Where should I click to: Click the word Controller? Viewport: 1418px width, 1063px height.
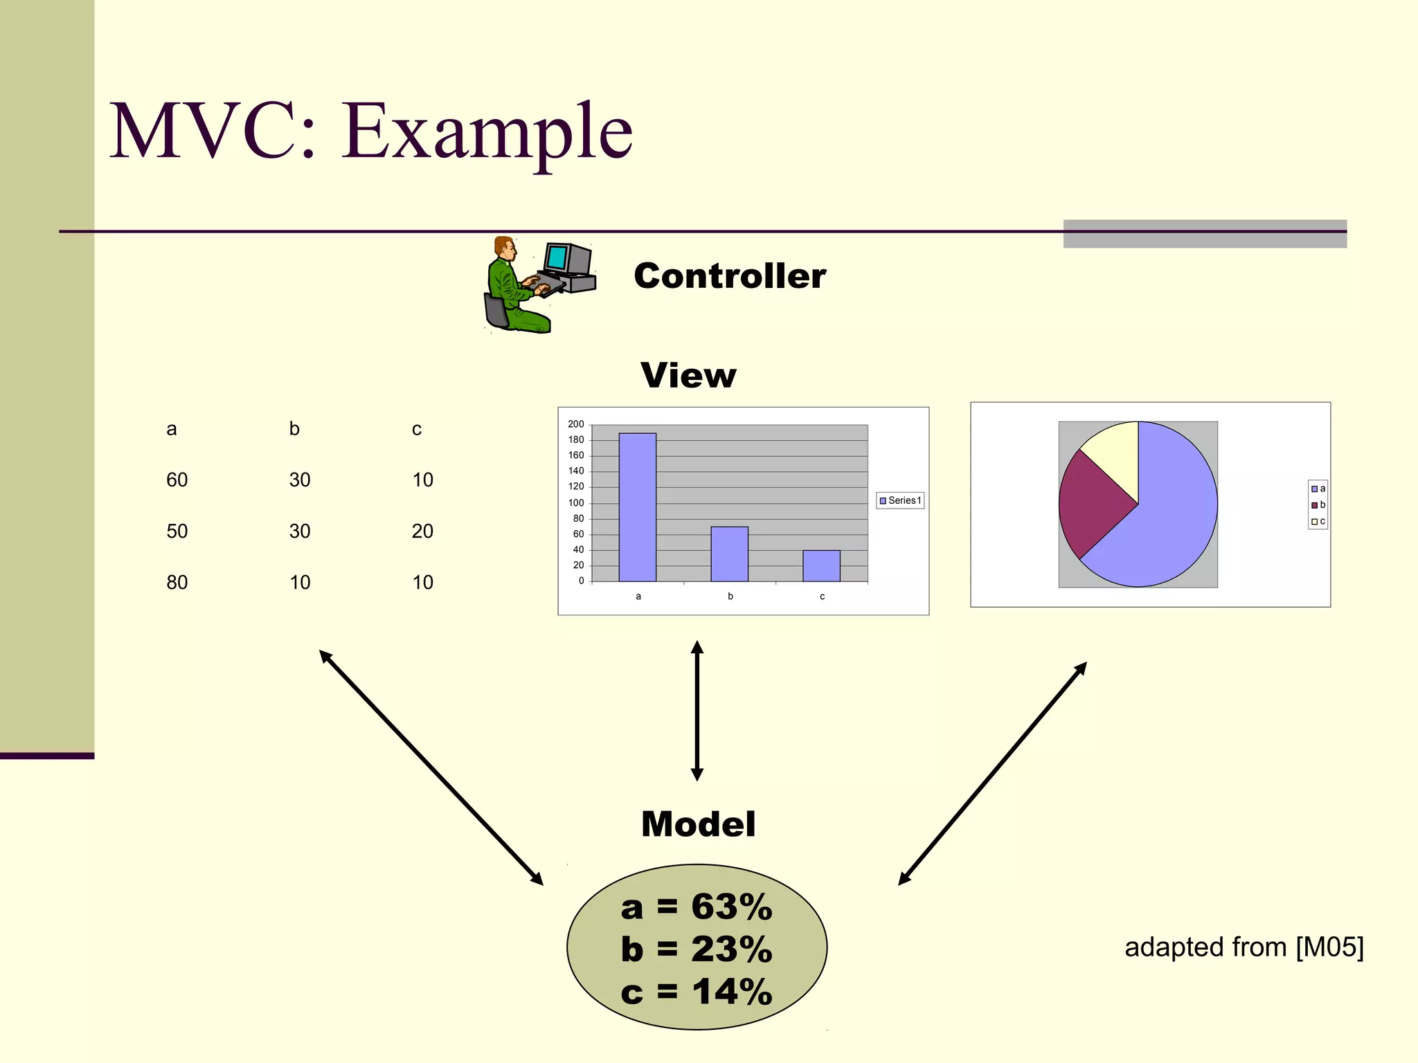(730, 276)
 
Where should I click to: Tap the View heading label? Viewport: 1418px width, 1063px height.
(688, 376)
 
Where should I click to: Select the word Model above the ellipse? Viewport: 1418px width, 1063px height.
(698, 824)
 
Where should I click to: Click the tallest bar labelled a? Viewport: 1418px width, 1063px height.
(637, 507)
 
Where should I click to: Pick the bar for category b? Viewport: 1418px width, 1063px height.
(729, 554)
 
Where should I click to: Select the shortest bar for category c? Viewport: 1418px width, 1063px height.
(821, 565)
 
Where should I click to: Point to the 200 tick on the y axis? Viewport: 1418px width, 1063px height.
(576, 424)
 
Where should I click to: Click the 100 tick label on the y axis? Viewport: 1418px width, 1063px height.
(576, 503)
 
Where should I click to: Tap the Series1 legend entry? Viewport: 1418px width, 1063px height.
(900, 500)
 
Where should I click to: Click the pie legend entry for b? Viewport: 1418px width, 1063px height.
(1318, 505)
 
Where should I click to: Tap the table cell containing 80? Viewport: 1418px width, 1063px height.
(177, 583)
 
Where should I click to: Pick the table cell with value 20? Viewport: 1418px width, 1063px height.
(422, 531)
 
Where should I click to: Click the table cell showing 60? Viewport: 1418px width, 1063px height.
(177, 480)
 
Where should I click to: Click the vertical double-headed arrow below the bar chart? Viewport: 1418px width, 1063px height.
(697, 711)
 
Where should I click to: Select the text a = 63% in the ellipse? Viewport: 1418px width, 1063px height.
(697, 907)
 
